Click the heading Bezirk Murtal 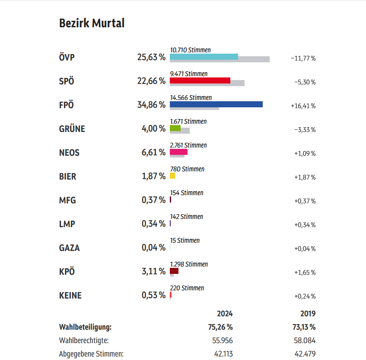pos(92,23)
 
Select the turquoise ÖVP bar pos(204,56)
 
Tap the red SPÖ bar pos(200,80)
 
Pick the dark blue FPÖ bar pos(216,104)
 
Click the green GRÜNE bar pos(175,128)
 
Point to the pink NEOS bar pos(178,152)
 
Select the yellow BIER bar pos(172,176)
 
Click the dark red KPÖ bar pos(174,271)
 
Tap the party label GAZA pos(70,248)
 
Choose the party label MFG pos(67,201)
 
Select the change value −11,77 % pos(303,58)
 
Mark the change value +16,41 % pos(303,106)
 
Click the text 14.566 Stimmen pos(191,98)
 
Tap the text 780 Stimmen pos(188,169)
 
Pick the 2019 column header pos(308,314)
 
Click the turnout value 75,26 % pos(220,327)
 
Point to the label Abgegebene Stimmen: pos(91,354)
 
